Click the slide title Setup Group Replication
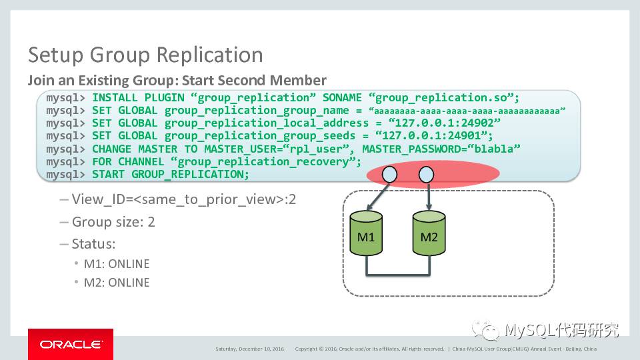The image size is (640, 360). pyautogui.click(x=145, y=55)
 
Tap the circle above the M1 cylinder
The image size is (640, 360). pyautogui.click(x=389, y=175)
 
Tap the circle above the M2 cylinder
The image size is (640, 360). pyautogui.click(x=425, y=175)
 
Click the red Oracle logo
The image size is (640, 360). pyautogui.click(x=70, y=344)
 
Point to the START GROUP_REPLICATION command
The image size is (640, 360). pyautogui.click(x=170, y=175)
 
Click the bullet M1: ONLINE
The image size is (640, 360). pyautogui.click(x=116, y=264)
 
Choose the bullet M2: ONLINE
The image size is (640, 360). pyautogui.click(x=116, y=283)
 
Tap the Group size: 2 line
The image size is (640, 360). pyautogui.click(x=113, y=222)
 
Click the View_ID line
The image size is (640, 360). pyautogui.click(x=183, y=199)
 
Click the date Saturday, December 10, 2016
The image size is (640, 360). pyautogui.click(x=249, y=349)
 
